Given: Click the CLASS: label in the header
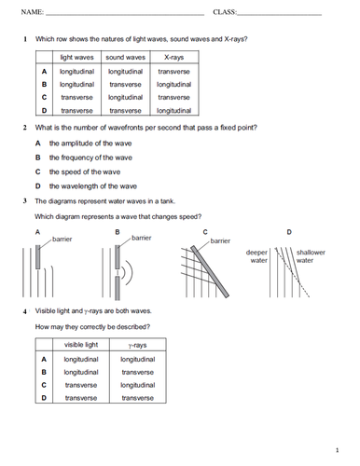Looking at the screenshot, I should click(225, 12).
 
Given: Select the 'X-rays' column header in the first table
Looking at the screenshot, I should click(173, 58).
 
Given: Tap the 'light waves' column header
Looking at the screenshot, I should click(77, 58).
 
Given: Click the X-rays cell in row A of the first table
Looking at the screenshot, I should click(173, 71).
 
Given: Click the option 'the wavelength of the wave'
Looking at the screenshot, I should click(93, 185).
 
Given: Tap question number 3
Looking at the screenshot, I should click(24, 200).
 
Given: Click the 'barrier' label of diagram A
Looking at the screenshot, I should click(62, 240).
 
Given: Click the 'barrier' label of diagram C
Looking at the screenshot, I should click(220, 240).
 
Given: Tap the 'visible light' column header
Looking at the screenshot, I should click(81, 345).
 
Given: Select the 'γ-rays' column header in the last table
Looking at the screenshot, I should click(136, 345).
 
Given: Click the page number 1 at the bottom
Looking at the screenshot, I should click(337, 449).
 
